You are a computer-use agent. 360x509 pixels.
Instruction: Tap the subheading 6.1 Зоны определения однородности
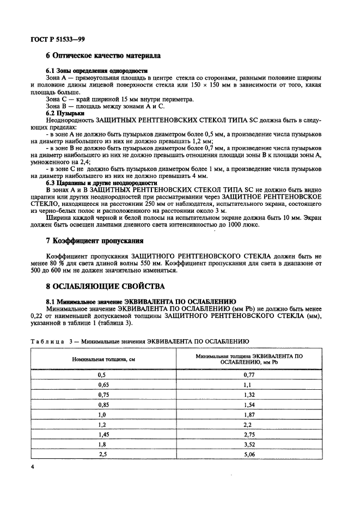[97, 71]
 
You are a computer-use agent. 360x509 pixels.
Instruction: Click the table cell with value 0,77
[249, 375]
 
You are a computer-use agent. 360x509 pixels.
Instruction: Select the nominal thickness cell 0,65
[101, 384]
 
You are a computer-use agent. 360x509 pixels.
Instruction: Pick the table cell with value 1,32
[249, 394]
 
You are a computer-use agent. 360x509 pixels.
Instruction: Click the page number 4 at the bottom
[33, 468]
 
